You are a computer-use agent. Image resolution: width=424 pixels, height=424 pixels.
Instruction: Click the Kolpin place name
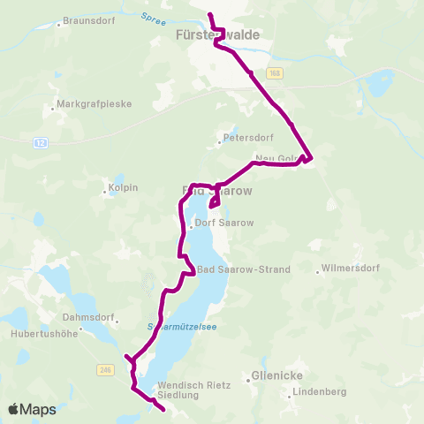point(125,188)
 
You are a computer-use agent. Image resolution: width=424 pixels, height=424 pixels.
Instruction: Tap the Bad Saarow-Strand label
point(243,269)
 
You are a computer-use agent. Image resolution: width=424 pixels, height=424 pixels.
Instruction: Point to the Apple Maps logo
point(32,410)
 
